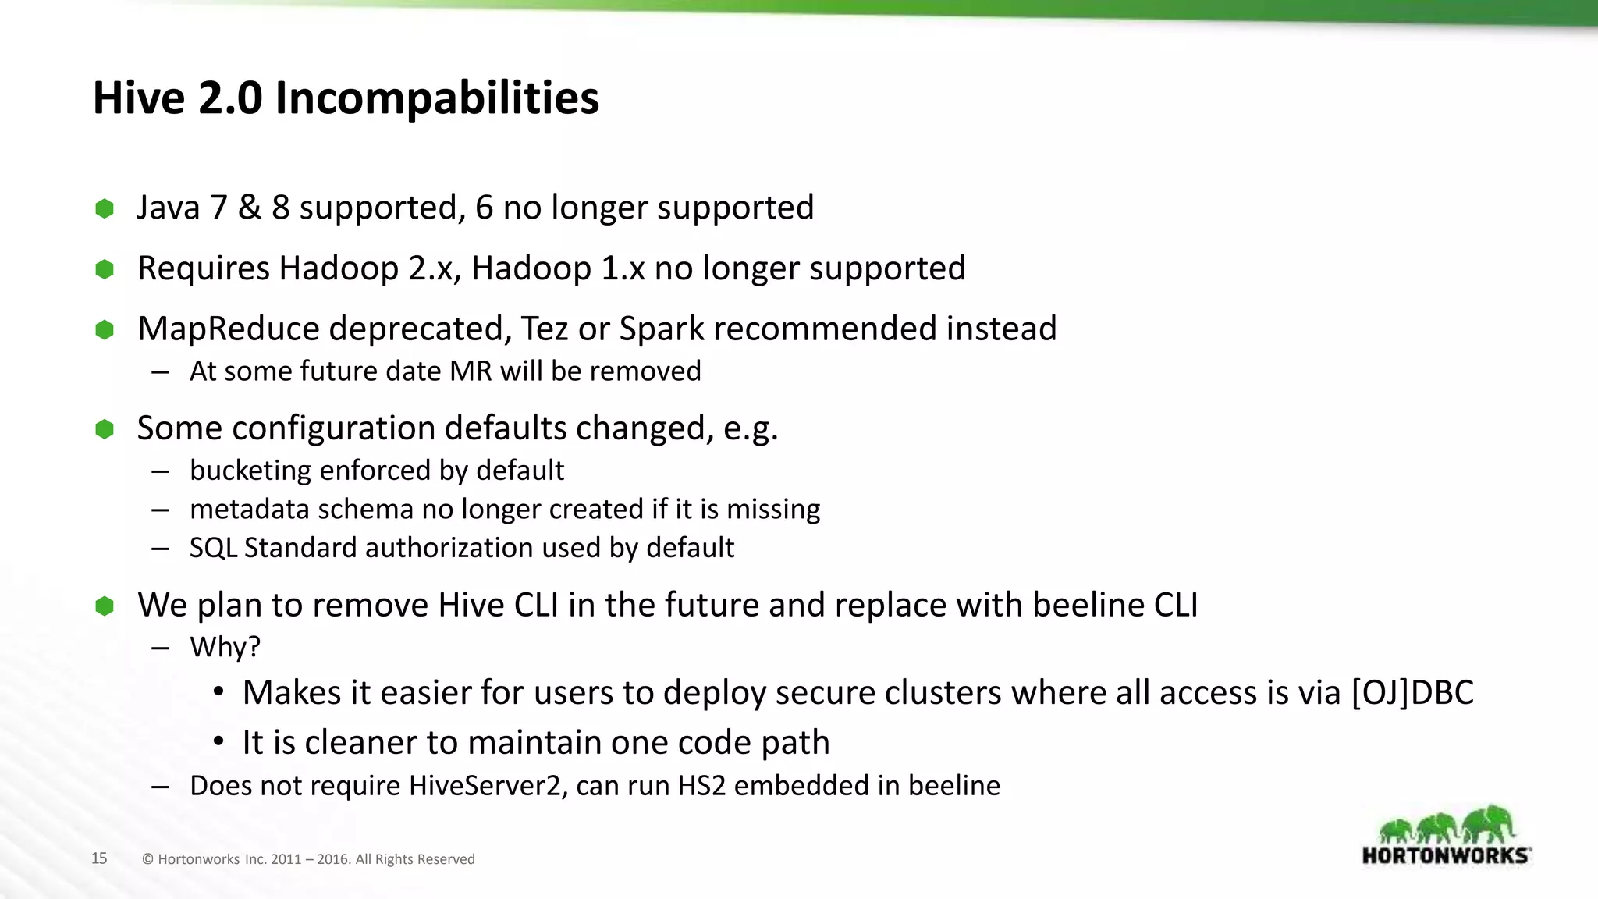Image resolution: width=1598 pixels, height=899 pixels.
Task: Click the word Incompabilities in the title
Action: tap(436, 98)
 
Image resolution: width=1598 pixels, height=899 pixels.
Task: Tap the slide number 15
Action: tap(99, 858)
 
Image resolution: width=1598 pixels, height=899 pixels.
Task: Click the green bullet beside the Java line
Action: tap(105, 208)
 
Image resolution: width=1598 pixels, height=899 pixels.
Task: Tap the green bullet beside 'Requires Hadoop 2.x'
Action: tap(105, 269)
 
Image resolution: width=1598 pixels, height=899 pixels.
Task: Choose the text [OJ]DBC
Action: tap(1412, 693)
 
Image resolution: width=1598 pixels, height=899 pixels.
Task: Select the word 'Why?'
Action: tap(225, 647)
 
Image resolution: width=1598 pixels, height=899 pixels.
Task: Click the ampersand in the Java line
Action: tap(250, 208)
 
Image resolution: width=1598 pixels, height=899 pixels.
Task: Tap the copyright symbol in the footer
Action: tap(147, 859)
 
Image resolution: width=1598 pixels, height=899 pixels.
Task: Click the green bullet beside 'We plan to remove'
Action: tap(105, 606)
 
